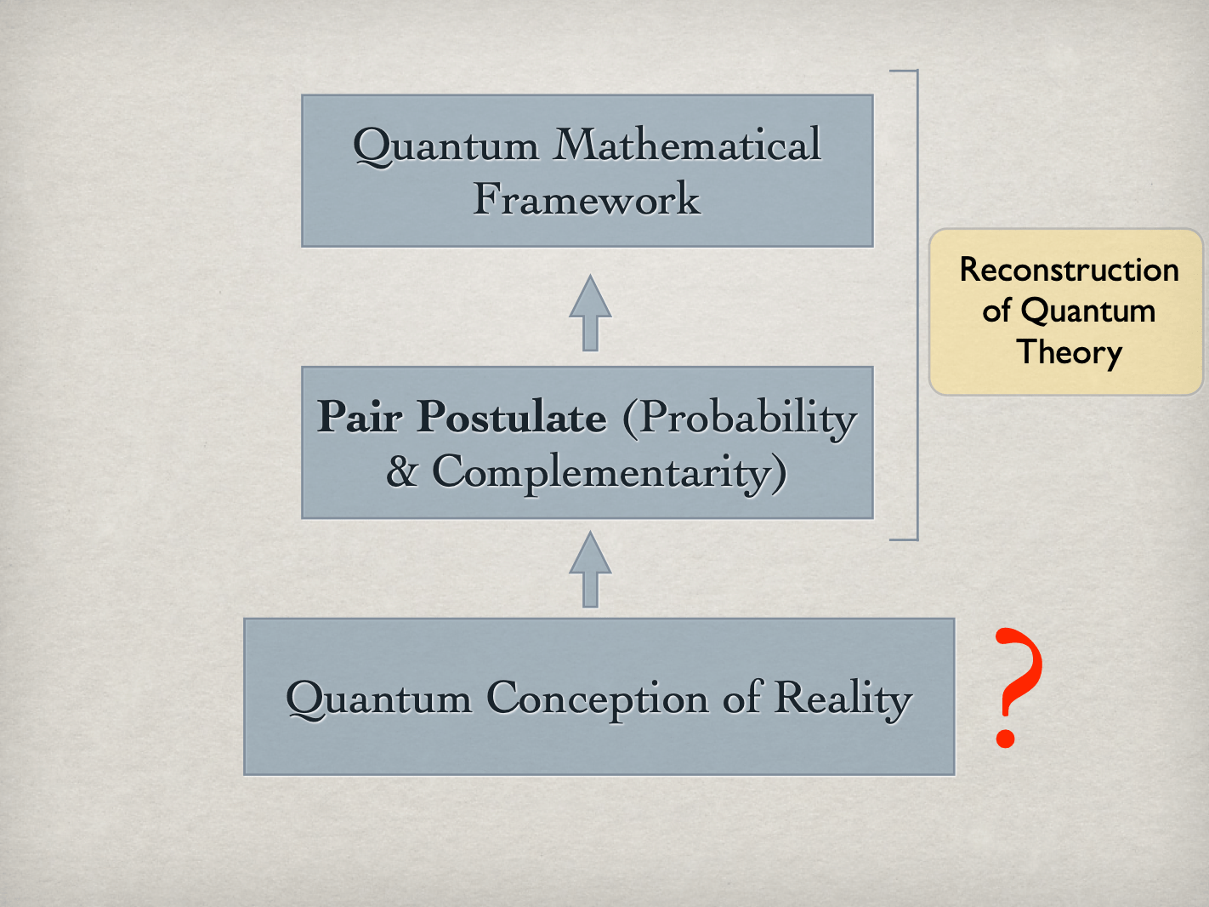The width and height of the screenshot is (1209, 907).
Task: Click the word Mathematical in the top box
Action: click(x=687, y=145)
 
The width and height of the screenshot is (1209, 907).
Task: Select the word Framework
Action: click(x=587, y=199)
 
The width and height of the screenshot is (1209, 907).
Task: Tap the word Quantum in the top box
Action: click(x=446, y=146)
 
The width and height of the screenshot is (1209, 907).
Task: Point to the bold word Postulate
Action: click(x=512, y=417)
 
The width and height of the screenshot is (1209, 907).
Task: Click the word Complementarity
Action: click(x=609, y=473)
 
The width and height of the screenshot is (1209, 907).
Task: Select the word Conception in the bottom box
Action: click(x=597, y=699)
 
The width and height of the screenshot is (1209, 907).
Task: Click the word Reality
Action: click(x=843, y=699)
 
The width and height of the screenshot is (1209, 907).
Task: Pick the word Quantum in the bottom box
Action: click(x=378, y=699)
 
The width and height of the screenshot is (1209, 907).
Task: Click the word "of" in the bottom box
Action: click(x=742, y=698)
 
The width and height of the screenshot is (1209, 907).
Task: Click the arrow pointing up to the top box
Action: click(x=590, y=312)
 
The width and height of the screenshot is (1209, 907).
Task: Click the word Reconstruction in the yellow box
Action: click(x=1069, y=271)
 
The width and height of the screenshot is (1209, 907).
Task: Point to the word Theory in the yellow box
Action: click(x=1069, y=352)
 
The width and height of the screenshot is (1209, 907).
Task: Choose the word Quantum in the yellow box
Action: click(x=1087, y=311)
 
